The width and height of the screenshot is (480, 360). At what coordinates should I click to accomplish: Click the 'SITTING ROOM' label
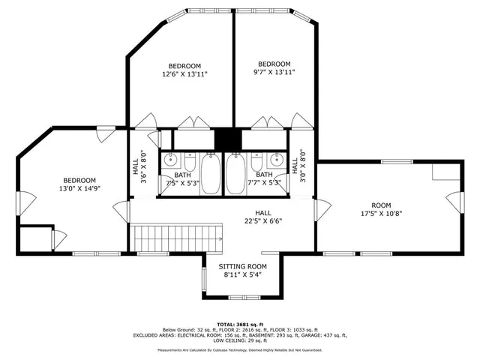click(242, 266)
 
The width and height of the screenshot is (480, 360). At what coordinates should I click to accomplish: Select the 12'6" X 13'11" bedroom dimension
click(184, 74)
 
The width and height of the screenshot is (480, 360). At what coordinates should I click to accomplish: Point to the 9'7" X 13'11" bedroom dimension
click(274, 72)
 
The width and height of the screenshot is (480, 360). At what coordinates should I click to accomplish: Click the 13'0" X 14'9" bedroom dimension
click(79, 189)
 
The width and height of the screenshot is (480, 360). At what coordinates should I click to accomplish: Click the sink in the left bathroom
click(172, 160)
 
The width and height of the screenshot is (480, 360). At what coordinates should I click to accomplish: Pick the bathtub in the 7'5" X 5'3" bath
click(211, 174)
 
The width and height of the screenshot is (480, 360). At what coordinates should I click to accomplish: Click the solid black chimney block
click(224, 140)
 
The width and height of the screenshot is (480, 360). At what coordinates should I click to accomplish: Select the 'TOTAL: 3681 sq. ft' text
click(241, 323)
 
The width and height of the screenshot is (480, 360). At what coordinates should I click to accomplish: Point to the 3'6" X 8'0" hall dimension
click(143, 168)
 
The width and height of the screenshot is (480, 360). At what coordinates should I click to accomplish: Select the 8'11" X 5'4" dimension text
click(242, 275)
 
